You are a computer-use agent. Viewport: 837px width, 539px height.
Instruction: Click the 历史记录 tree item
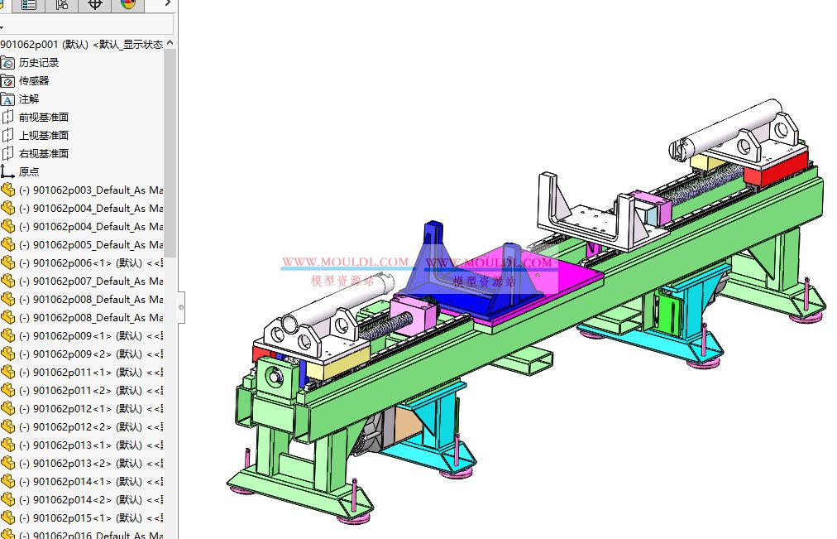coord(39,62)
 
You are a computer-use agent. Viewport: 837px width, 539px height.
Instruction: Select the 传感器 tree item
coord(34,80)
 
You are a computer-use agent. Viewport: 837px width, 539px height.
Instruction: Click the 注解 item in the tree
coord(29,99)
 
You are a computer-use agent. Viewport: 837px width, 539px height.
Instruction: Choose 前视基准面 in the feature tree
coord(44,117)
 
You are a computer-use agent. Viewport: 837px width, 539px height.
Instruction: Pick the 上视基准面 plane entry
coord(44,135)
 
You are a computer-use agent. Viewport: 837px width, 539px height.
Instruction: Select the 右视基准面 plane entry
coord(44,153)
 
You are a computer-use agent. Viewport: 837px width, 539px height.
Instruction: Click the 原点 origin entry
coord(29,171)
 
